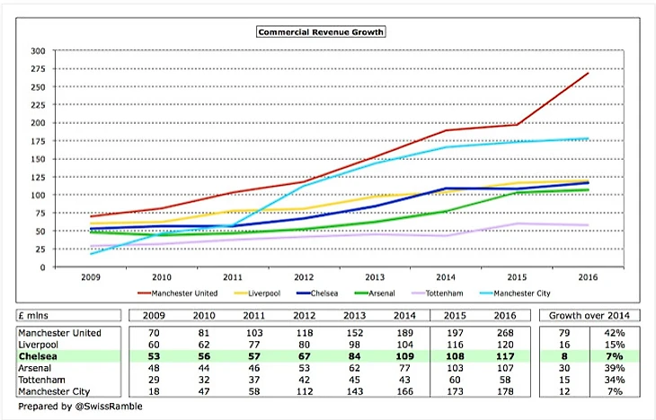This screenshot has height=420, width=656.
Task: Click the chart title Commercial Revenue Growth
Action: [x=321, y=31]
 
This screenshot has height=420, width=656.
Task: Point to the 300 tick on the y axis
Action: [x=39, y=50]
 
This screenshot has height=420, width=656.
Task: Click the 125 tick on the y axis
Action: [x=39, y=177]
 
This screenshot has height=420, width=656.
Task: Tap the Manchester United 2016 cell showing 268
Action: [x=500, y=332]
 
